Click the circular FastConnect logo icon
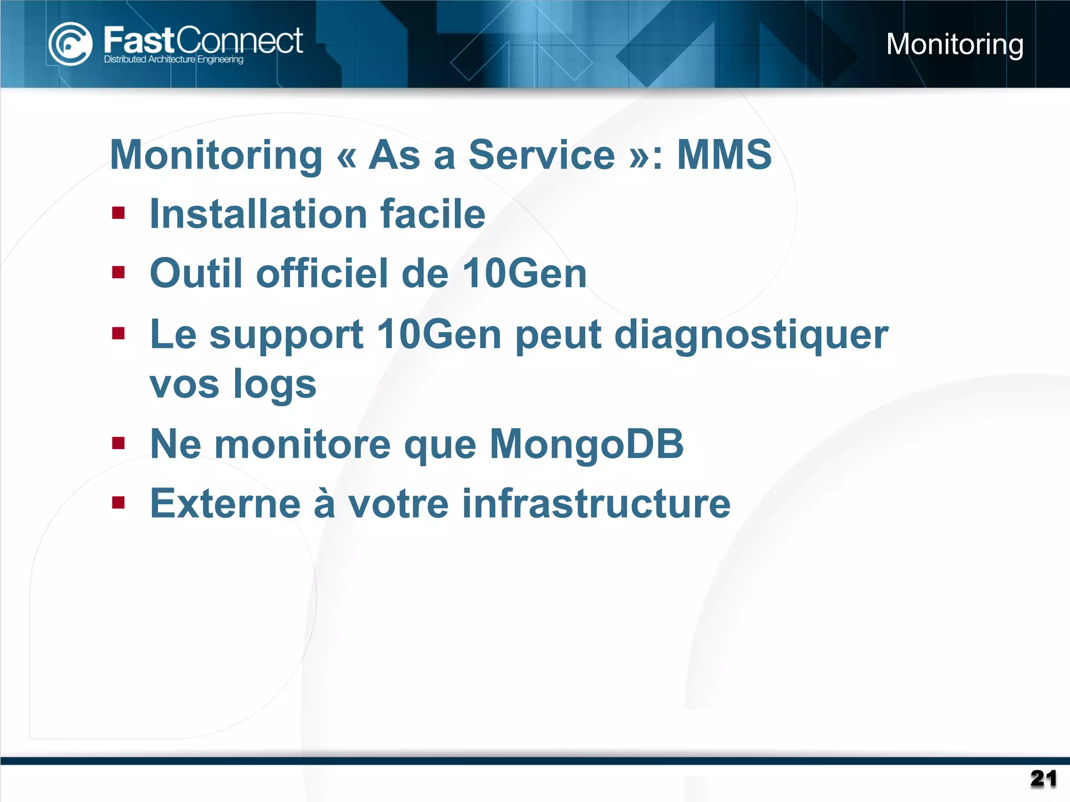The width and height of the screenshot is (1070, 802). coord(70,44)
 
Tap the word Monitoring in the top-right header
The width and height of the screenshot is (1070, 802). coord(955,44)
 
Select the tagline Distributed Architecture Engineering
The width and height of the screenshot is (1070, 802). coord(173,60)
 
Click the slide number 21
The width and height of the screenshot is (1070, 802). coord(1043,779)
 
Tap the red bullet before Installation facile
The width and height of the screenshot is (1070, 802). coord(119,213)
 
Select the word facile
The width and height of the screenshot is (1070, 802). coord(433,214)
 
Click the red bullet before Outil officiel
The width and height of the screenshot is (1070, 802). coord(119,273)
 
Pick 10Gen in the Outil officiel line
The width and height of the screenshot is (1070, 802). coord(525,273)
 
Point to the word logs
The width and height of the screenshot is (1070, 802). coord(274,384)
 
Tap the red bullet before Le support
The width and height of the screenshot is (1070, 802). coord(119,333)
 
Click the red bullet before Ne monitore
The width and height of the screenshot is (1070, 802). coord(119,443)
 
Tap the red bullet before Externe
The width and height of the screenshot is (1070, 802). coord(119,503)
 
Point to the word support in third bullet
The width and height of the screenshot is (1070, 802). coord(286,335)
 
